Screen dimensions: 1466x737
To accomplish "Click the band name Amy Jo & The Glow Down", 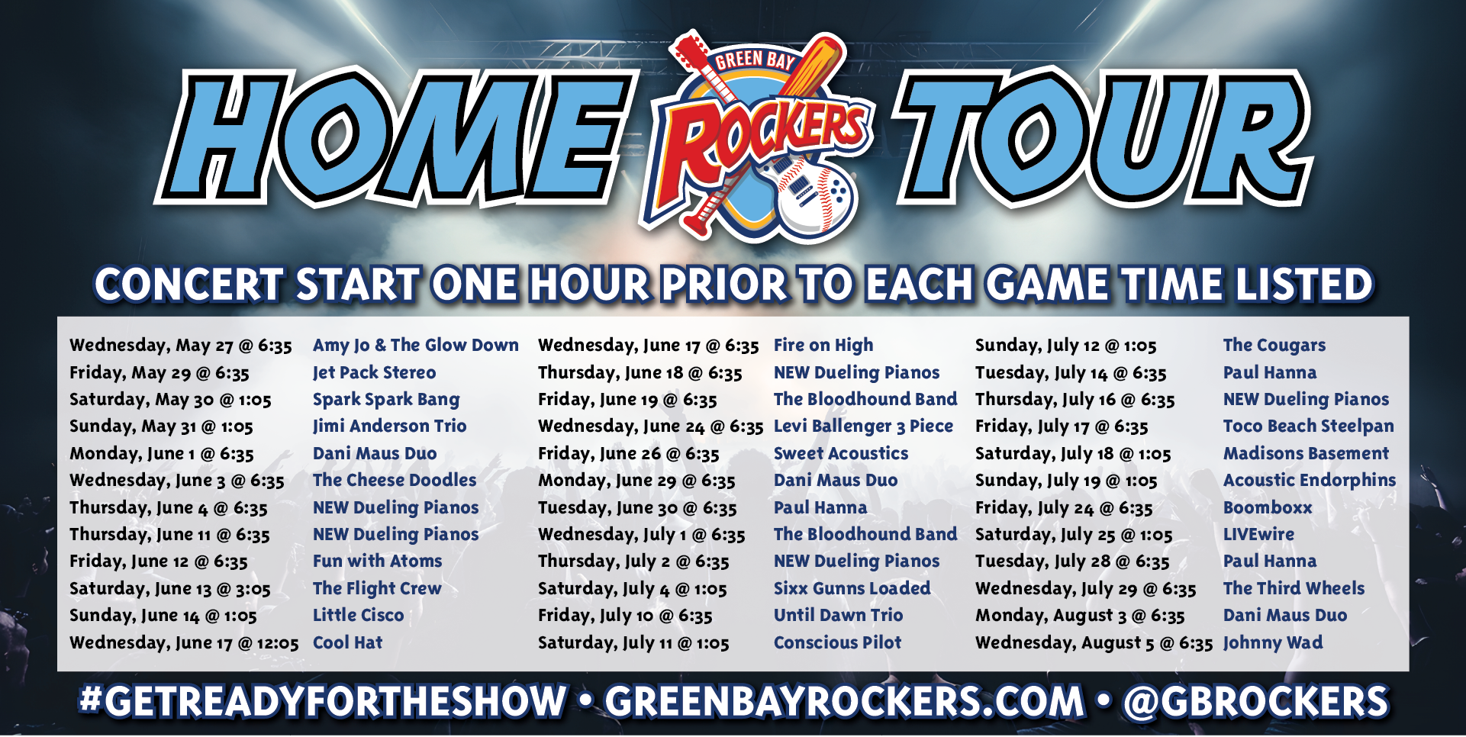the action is coord(416,346).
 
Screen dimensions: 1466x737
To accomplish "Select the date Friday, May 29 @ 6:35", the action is coord(159,373).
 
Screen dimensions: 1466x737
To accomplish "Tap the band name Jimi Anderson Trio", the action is coord(389,426).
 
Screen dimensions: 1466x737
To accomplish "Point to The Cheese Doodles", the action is coord(395,480).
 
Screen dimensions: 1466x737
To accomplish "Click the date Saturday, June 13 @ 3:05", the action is coord(170,589).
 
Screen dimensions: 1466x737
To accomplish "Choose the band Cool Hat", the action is coord(347,642).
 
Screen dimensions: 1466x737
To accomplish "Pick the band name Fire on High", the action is coord(823,346).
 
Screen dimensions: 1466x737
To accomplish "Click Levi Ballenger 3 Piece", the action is coord(863,426).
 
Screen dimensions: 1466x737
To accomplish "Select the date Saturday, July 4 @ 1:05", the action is coord(633,589).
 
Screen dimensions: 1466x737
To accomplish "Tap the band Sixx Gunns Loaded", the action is coord(852,588).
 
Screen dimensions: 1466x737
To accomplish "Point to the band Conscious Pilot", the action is coord(837,642).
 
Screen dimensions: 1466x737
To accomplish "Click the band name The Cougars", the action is coord(1274,346).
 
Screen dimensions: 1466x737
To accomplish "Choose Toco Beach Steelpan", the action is coord(1309,426).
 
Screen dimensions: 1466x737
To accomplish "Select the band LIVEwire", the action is coord(1258,534).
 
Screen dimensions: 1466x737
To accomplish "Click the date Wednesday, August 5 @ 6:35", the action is coord(1094,643).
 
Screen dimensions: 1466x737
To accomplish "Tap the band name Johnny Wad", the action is coord(1273,643).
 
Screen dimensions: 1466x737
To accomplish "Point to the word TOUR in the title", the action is coord(1104,137).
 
